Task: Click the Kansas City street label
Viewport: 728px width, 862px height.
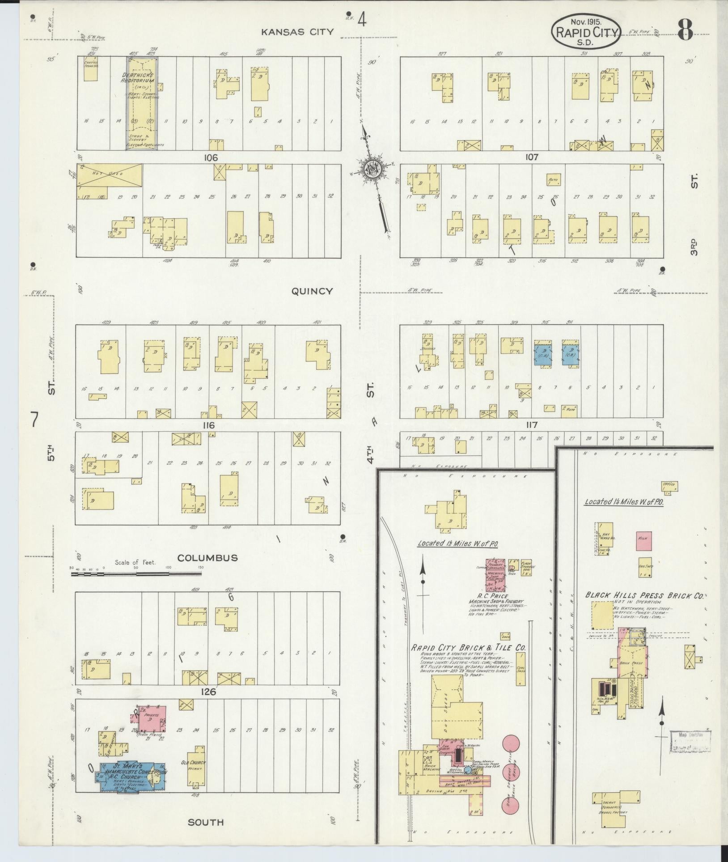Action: (297, 32)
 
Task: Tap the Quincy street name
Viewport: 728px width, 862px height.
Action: (312, 291)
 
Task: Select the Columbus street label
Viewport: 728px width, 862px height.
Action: (207, 558)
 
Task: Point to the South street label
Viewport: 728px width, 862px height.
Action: (206, 822)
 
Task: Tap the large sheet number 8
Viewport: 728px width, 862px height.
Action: (685, 30)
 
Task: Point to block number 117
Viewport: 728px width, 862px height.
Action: (532, 425)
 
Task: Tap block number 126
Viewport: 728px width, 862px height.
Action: (208, 692)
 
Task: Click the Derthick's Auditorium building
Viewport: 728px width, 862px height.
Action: (140, 103)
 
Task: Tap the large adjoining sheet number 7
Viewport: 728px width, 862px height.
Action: (35, 420)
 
